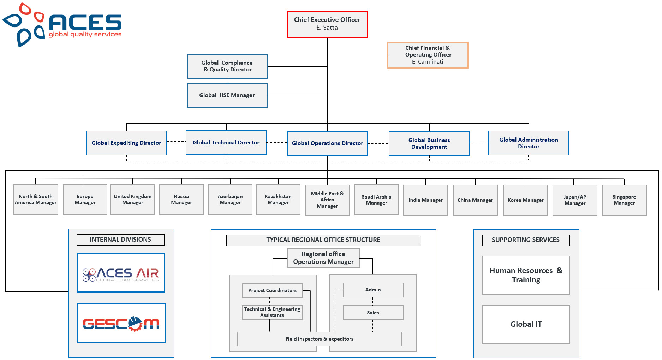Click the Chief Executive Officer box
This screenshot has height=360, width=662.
(x=327, y=24)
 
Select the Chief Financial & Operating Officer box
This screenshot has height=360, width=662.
(x=428, y=55)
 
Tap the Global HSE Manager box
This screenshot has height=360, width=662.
(x=227, y=95)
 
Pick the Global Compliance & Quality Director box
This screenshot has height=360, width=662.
(x=227, y=66)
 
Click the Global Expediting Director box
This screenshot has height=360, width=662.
(x=126, y=143)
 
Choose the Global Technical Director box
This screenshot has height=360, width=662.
(x=226, y=143)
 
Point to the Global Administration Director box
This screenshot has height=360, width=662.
(x=529, y=143)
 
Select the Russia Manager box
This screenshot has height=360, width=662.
(x=181, y=200)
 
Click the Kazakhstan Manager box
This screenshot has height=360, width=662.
(x=278, y=200)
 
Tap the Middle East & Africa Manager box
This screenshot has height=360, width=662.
(x=327, y=200)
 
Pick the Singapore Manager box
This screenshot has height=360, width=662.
(x=624, y=200)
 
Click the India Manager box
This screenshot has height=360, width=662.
(x=425, y=200)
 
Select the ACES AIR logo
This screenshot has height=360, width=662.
(x=121, y=273)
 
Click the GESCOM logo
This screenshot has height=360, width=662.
(x=121, y=323)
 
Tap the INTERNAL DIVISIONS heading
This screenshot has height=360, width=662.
(x=120, y=240)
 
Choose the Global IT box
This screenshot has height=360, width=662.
(x=526, y=324)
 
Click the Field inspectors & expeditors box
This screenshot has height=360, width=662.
(x=319, y=339)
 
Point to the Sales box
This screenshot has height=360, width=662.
(x=373, y=313)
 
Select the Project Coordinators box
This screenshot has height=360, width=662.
(x=272, y=290)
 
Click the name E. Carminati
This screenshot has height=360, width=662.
(x=428, y=62)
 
